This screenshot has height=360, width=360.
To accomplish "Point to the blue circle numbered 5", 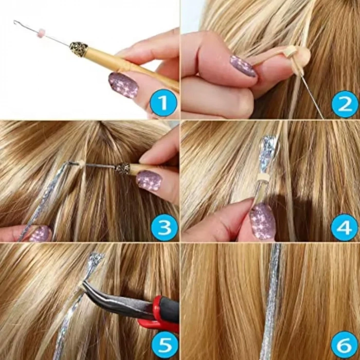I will click(164, 346).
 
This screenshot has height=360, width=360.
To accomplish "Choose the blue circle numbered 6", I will click(345, 346).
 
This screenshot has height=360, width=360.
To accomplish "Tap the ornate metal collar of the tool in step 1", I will click(79, 49).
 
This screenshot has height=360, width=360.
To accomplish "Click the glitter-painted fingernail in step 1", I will click(123, 84).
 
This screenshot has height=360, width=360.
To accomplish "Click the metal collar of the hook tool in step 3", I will click(122, 168).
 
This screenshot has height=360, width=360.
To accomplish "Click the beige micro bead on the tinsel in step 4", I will click(264, 177).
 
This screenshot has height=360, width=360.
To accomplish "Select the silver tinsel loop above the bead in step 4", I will click(268, 152).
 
